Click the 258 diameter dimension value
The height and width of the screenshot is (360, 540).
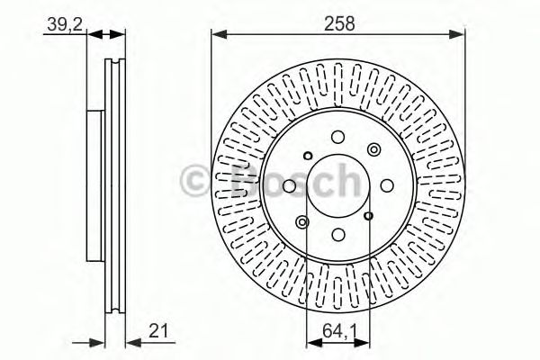(337, 25)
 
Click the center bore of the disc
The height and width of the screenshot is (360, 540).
(337, 184)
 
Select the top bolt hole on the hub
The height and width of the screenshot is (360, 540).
(337, 137)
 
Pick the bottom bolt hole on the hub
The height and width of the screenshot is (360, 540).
(337, 233)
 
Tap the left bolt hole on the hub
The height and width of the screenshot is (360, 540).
(289, 185)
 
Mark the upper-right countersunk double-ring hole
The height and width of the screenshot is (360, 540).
(372, 150)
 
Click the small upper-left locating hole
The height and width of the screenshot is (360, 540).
(306, 152)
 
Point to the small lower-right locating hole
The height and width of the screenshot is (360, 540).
(369, 216)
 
